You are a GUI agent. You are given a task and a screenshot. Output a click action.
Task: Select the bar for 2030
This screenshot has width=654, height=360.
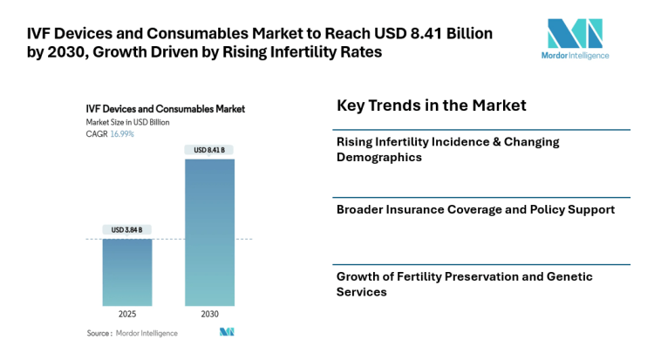pyautogui.click(x=209, y=231)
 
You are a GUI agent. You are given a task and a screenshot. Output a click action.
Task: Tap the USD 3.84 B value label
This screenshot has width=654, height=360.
pyautogui.click(x=127, y=230)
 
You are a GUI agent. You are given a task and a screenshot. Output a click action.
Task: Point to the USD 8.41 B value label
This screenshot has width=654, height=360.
pyautogui.click(x=209, y=150)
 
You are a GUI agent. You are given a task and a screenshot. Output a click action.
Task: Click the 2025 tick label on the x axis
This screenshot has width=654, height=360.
pyautogui.click(x=127, y=314)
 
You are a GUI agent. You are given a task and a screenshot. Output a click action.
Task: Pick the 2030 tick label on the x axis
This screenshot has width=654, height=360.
pyautogui.click(x=209, y=314)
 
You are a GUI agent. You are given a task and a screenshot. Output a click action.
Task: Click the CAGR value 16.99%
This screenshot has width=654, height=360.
pyautogui.click(x=122, y=133)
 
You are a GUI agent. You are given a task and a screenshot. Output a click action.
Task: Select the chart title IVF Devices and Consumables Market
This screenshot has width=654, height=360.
pyautogui.click(x=165, y=109)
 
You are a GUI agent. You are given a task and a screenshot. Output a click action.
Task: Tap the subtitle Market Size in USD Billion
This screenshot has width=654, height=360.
pyautogui.click(x=127, y=122)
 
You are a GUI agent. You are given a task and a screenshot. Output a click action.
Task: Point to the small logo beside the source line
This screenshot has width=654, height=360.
pyautogui.click(x=228, y=333)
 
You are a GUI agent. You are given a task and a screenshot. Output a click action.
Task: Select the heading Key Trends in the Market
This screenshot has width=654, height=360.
pyautogui.click(x=431, y=105)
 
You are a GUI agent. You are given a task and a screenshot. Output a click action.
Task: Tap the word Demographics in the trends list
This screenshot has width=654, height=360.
pyautogui.click(x=379, y=158)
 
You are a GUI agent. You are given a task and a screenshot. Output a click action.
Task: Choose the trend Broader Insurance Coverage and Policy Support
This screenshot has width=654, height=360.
pyautogui.click(x=475, y=209)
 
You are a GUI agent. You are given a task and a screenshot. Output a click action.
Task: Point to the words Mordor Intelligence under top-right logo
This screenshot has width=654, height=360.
pyautogui.click(x=574, y=56)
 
